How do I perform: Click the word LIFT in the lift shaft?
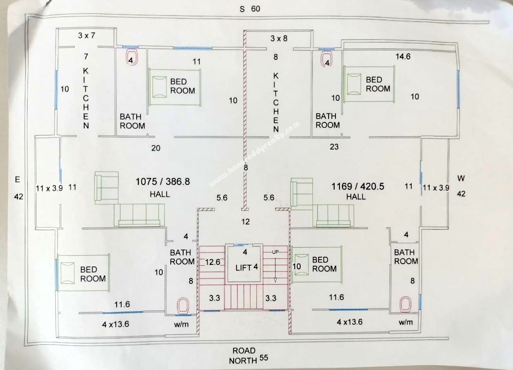[x=243, y=268]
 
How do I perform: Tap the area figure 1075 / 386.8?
[x=163, y=181]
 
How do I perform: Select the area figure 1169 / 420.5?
[x=358, y=186]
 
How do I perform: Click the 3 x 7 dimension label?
[x=86, y=35]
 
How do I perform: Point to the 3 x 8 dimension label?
[x=279, y=38]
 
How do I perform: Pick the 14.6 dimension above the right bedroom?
[x=403, y=57]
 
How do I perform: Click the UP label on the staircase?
[x=275, y=252]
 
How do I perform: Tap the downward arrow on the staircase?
[x=275, y=268]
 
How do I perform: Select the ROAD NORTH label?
[x=244, y=356]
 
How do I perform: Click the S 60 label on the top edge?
[x=250, y=9]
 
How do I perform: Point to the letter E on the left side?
[x=17, y=179]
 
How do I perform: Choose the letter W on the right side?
[x=461, y=178]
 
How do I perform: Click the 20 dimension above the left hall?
[x=156, y=148]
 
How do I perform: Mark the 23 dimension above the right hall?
[x=334, y=147]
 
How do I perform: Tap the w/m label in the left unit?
[x=182, y=324]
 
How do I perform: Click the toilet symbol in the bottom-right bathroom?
[x=405, y=304]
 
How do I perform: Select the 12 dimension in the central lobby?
[x=246, y=222]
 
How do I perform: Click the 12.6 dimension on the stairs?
[x=212, y=262]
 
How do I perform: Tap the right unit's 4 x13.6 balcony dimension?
[x=349, y=322]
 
